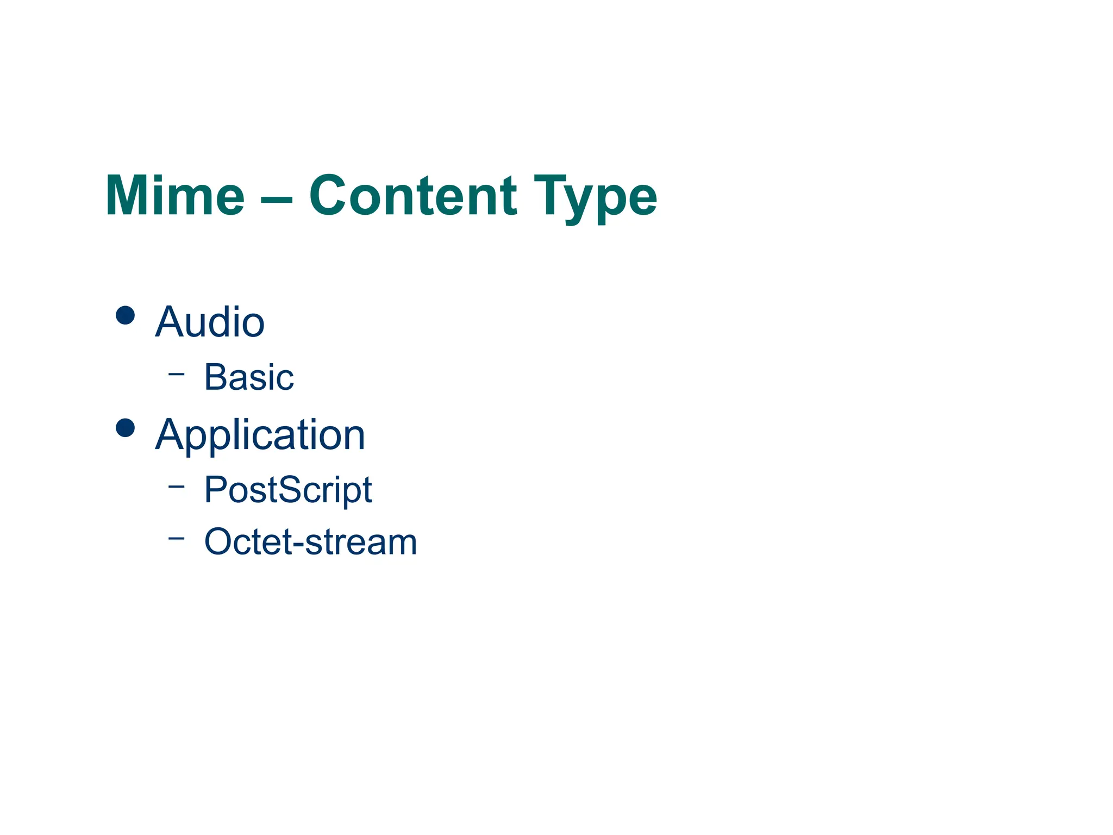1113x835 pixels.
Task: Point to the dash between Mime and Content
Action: point(277,198)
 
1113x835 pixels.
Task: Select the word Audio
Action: point(210,322)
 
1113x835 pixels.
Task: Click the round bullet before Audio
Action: point(126,315)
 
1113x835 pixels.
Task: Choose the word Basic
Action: point(249,377)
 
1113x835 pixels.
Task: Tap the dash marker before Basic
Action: point(176,373)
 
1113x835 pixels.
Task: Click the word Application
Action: point(260,435)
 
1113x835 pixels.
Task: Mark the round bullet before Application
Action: point(126,428)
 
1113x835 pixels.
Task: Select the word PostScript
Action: point(288,490)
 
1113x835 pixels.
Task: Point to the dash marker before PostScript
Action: point(176,486)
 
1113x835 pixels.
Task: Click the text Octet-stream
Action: point(310,542)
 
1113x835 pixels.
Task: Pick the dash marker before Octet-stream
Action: point(176,538)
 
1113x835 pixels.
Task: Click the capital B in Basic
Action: point(215,377)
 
